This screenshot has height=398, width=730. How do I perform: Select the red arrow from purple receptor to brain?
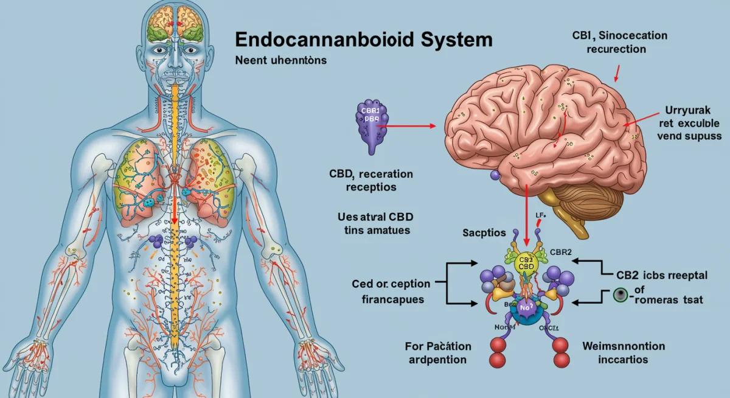408,126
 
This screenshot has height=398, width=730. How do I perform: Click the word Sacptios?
485,233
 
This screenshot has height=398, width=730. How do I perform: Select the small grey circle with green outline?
620,295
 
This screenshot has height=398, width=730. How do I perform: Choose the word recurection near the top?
616,49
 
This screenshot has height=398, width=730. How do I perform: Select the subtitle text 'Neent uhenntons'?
281,60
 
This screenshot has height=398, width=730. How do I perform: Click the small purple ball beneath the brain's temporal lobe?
494,175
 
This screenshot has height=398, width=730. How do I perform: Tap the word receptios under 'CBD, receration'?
370,187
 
